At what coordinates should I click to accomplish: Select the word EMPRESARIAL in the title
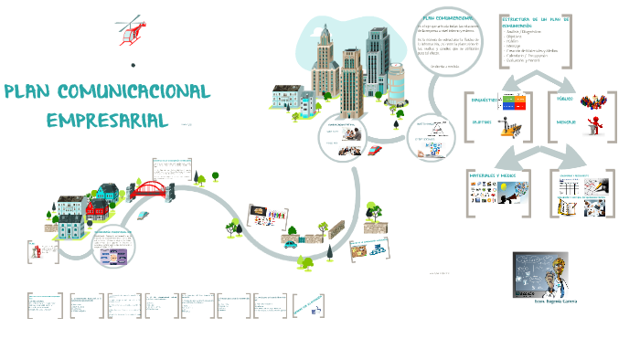[x=107, y=120]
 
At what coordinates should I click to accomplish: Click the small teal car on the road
[x=290, y=244]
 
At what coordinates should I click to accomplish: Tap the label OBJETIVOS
[x=484, y=121]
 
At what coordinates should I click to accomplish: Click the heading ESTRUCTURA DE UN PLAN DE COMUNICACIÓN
[x=535, y=22]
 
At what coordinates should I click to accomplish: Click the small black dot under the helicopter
[x=133, y=65]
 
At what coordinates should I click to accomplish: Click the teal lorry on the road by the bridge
[x=144, y=214]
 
